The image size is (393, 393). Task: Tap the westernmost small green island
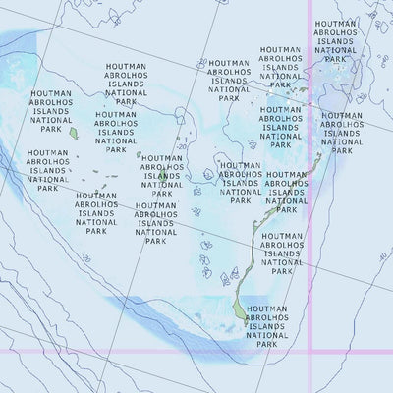coord(72,131)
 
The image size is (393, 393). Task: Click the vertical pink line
coord(310,196)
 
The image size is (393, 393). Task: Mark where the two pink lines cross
coord(310,350)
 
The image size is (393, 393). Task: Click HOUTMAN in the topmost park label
coord(332,22)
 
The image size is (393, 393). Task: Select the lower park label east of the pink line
coord(341,133)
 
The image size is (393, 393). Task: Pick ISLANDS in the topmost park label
coord(332,41)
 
